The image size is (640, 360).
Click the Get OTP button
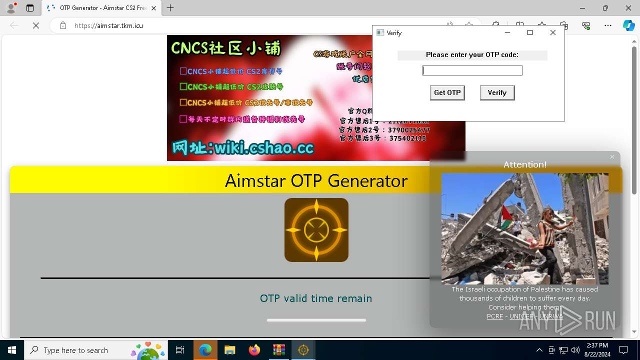click(x=447, y=92)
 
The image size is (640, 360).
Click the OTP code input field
click(x=472, y=70)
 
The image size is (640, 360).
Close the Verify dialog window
click(x=552, y=32)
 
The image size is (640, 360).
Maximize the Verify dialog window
click(x=530, y=32)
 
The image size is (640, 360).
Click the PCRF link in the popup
click(x=495, y=316)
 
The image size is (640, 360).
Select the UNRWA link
click(x=551, y=316)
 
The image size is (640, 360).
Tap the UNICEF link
click(x=521, y=316)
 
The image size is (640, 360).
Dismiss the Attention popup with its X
click(x=612, y=157)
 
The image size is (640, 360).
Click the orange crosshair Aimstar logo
click(x=316, y=230)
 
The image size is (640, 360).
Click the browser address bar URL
click(x=109, y=25)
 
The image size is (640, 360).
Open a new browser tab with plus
click(x=170, y=8)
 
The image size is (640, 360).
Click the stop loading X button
click(x=36, y=25)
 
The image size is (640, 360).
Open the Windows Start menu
click(x=11, y=350)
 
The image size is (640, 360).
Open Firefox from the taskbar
click(x=254, y=350)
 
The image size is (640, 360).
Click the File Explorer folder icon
click(x=229, y=350)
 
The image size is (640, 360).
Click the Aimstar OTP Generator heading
click(x=316, y=180)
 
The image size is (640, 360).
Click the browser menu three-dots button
click(x=607, y=25)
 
